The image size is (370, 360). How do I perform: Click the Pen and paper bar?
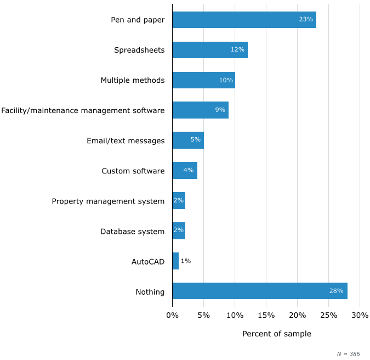[244, 20]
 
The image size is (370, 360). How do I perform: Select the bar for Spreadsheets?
[210, 50]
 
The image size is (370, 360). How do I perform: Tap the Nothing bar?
[260, 291]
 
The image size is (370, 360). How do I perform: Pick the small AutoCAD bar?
[175, 261]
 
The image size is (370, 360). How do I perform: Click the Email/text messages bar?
[188, 140]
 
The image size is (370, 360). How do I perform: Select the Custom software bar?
[185, 171]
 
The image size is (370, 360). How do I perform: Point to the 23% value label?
[306, 20]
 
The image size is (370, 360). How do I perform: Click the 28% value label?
[336, 291]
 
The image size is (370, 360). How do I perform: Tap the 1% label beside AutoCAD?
[186, 261]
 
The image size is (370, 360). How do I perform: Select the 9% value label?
[220, 110]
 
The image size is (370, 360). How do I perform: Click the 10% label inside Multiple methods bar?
[226, 80]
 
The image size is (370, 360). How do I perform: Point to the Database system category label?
[132, 232]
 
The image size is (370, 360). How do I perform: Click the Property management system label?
[108, 201]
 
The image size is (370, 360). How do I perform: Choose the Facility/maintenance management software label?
[83, 111]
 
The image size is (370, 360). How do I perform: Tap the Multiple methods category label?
[133, 81]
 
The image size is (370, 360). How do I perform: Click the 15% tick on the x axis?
[266, 316]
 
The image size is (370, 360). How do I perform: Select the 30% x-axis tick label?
[360, 316]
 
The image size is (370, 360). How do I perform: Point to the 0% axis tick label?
[172, 316]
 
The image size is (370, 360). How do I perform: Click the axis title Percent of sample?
[276, 334]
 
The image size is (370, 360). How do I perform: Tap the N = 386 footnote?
[348, 355]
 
